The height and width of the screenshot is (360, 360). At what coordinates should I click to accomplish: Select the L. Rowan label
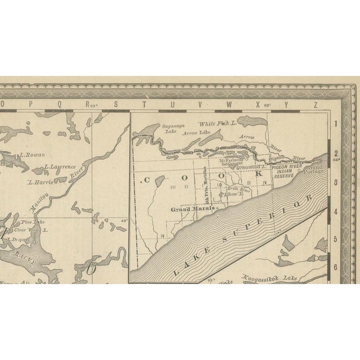click(31, 155)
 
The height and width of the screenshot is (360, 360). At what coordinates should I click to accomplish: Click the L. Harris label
click(40, 182)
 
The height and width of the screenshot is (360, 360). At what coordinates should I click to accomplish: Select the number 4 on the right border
click(335, 211)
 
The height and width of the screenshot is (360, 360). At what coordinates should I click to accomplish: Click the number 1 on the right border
click(335, 123)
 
